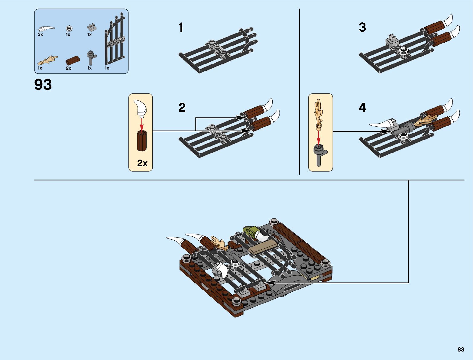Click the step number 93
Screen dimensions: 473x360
43,85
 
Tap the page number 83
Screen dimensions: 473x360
461,349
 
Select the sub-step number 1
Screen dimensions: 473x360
181,28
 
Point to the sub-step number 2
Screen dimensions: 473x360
182,108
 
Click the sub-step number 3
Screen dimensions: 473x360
362,27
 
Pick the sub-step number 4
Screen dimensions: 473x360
362,108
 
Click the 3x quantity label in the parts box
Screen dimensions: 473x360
40,35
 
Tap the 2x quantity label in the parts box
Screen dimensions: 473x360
69,68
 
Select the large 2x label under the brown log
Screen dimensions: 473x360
142,163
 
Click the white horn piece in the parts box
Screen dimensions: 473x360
46,29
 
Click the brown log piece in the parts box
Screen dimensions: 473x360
73,60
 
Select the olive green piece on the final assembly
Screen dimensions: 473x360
250,232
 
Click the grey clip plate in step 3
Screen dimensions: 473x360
392,40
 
